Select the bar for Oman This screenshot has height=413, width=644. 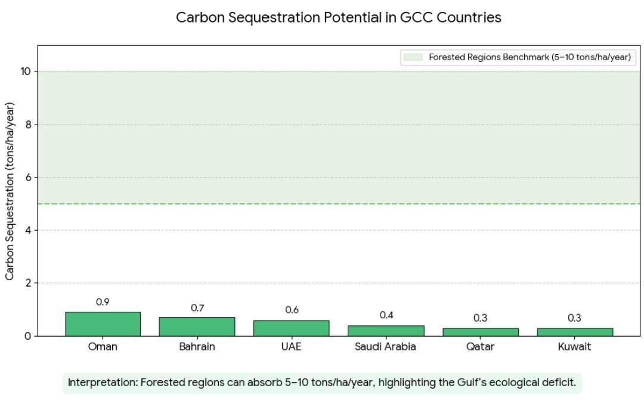pyautogui.click(x=103, y=324)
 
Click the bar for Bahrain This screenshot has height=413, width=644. pyautogui.click(x=197, y=327)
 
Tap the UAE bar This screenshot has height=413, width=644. pyautogui.click(x=291, y=328)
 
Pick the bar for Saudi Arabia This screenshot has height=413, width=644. pyautogui.click(x=385, y=331)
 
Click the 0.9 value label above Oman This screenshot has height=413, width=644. pyautogui.click(x=103, y=302)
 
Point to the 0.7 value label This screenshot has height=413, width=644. pyautogui.click(x=197, y=308)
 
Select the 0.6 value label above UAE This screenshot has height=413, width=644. pyautogui.click(x=292, y=310)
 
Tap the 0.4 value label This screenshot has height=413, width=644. pyautogui.click(x=386, y=315)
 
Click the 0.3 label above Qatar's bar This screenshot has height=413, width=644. pyautogui.click(x=480, y=318)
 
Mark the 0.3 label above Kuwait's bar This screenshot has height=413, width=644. pyautogui.click(x=574, y=318)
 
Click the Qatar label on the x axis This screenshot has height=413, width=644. pyautogui.click(x=480, y=347)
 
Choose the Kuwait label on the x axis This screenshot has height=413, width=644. pyautogui.click(x=574, y=347)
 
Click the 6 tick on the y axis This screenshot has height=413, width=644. pyautogui.click(x=29, y=178)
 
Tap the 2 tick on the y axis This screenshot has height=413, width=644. pyautogui.click(x=29, y=283)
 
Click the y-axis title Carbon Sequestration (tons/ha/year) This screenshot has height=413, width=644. pyautogui.click(x=10, y=191)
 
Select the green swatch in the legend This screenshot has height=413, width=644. pyautogui.click(x=413, y=57)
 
